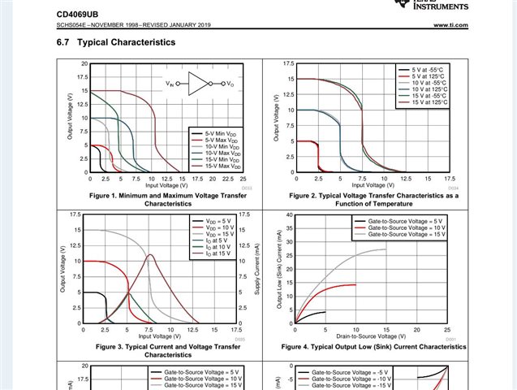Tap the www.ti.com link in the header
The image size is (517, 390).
coord(450,26)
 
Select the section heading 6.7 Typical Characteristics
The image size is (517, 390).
coord(115,42)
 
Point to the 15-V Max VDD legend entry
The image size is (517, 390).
coord(219,167)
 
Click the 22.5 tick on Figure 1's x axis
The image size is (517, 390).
coord(227,179)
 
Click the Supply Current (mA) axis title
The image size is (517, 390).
coord(256,268)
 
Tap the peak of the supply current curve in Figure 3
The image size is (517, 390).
coord(150,255)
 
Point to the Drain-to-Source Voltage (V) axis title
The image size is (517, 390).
coord(371,336)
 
